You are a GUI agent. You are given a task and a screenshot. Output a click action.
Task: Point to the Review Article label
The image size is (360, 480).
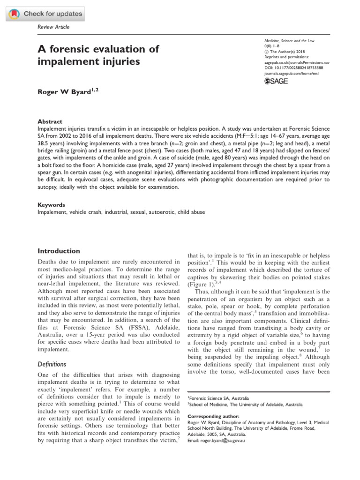pyautogui.click(x=53, y=27)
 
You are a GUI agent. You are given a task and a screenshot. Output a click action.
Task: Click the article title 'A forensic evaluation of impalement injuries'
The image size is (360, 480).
pyautogui.click(x=97, y=55)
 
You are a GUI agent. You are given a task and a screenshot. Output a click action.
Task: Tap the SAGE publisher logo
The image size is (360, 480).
pyautogui.click(x=276, y=81)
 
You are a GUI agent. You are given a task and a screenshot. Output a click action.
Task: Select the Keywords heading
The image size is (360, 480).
pyautogui.click(x=51, y=205)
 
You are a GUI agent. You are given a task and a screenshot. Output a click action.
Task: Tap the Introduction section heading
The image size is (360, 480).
pyautogui.click(x=59, y=251)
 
